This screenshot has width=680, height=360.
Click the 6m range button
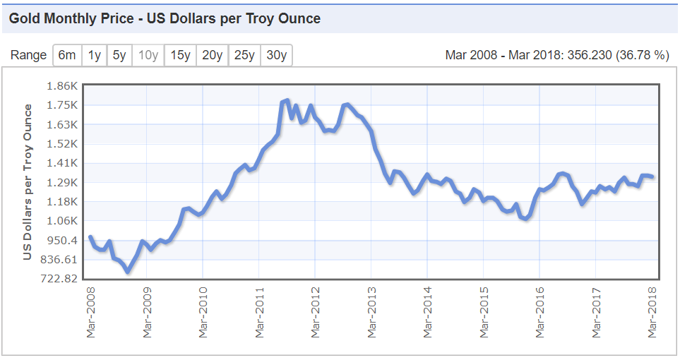click(67, 55)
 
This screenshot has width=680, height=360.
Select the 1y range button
click(94, 55)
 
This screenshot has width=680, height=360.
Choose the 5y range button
click(119, 55)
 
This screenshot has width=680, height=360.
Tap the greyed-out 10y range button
click(148, 55)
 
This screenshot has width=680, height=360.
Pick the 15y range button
click(180, 55)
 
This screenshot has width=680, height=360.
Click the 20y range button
click(212, 55)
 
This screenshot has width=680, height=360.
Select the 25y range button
click(244, 55)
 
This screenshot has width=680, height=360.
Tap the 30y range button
click(276, 55)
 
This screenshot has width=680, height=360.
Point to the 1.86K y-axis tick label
click(61, 86)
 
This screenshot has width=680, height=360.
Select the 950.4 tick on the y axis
click(61, 240)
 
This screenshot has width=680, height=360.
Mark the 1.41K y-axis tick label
click(61, 163)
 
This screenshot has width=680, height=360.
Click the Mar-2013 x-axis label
click(371, 309)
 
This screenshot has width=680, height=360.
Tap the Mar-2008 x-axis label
click(90, 309)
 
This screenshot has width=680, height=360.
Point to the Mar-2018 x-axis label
click(653, 309)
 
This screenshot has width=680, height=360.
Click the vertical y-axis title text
click(28, 182)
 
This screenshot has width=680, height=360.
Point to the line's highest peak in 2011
click(287, 101)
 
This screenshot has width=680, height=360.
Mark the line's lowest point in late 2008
click(128, 271)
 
